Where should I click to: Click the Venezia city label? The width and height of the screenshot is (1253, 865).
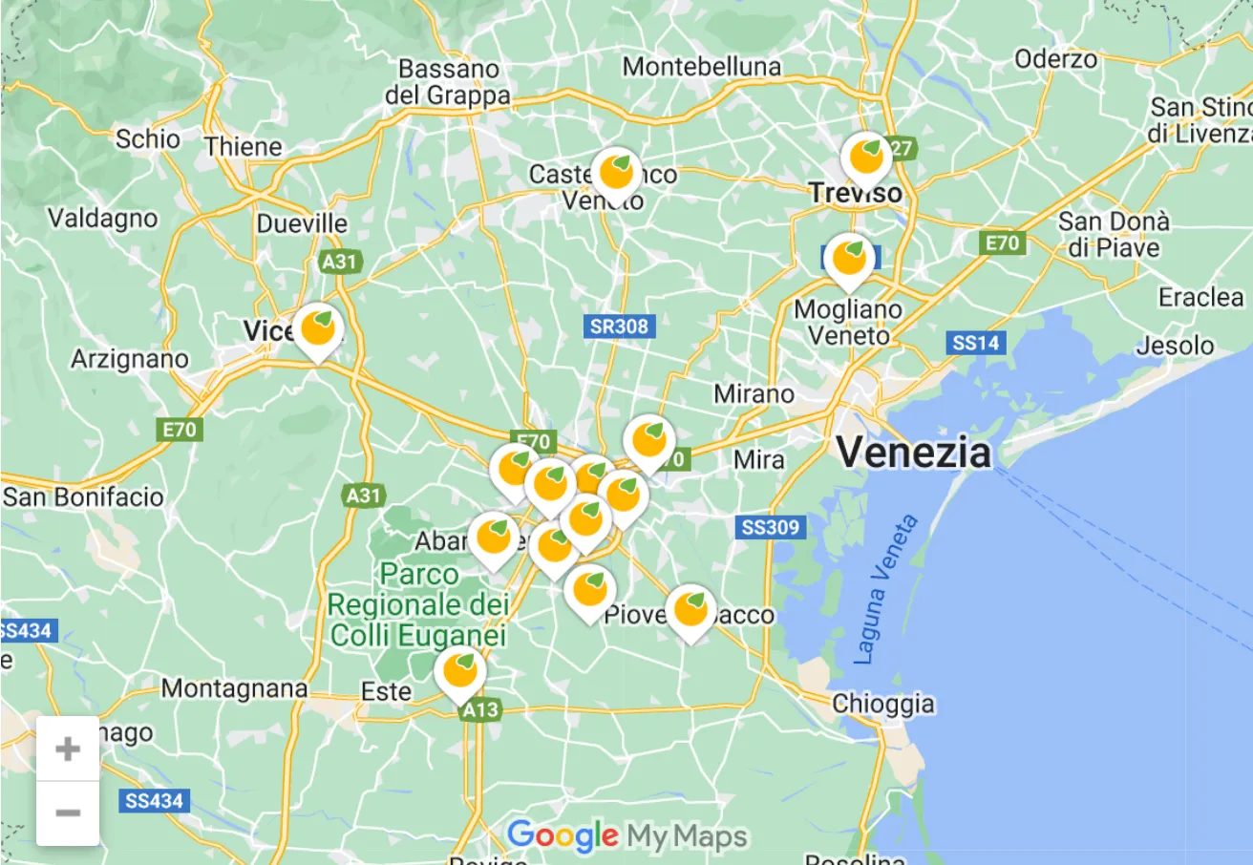point(914,452)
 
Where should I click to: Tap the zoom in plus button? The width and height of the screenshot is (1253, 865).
point(68,749)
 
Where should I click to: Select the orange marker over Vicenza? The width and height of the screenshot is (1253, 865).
point(317,330)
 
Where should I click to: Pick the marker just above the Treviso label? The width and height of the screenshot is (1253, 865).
point(866,156)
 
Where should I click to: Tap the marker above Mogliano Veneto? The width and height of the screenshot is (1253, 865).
point(848,259)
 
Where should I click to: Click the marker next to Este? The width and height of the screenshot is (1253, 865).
point(460,671)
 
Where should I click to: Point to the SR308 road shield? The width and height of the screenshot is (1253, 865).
point(619,327)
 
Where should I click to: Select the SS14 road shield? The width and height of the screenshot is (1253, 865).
point(975,343)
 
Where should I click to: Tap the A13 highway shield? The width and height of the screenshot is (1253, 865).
point(478,710)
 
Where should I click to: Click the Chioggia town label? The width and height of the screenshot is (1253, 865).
point(883,705)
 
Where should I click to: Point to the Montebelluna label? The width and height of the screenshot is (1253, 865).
point(701,67)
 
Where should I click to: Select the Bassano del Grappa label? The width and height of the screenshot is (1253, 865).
point(447,82)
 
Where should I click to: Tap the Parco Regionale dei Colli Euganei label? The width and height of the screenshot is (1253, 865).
point(417,605)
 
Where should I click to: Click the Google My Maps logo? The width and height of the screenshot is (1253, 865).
point(626,837)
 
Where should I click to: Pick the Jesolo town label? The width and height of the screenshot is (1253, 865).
point(1175,345)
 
